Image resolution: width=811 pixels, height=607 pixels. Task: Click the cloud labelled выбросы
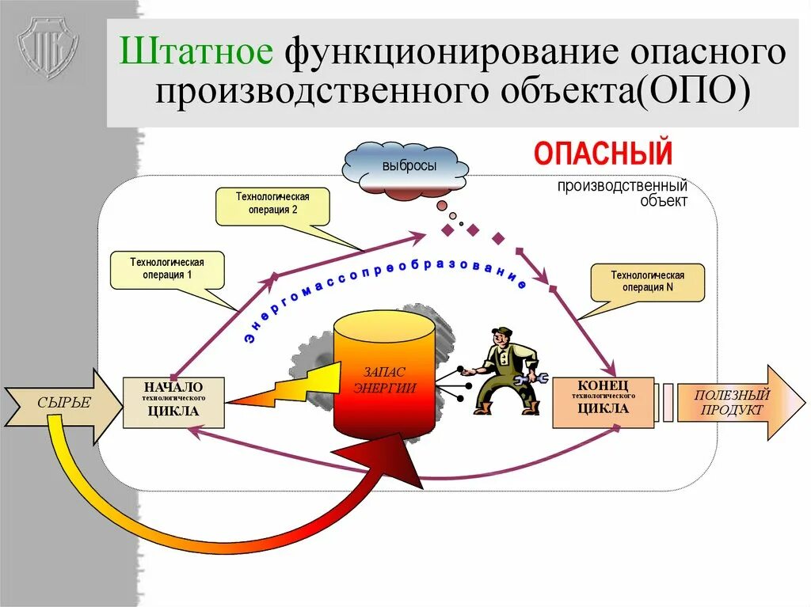pos(405,167)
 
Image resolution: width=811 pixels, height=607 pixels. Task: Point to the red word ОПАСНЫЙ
pos(603,153)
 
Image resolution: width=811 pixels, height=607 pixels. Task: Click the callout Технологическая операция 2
pos(272,205)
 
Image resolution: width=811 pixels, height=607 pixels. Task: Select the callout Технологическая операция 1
pos(167,269)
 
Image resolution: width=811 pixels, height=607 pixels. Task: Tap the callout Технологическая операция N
pos(647,282)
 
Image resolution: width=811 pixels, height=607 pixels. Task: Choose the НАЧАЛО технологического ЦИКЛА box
pos(173,401)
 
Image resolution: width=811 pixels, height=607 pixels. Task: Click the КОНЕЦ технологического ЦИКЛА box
pos(603,402)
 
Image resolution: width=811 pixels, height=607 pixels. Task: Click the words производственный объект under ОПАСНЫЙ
pos(622,192)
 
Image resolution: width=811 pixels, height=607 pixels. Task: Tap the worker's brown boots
pos(507,408)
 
